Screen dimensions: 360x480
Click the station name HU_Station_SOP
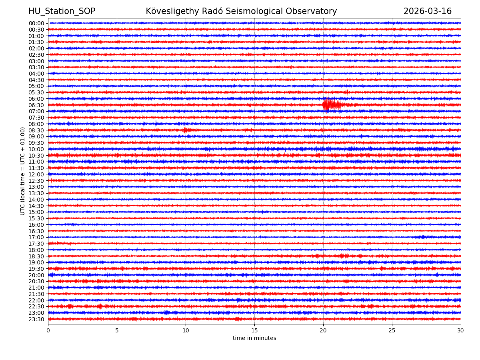(62, 11)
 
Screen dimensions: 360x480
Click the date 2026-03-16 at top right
(427, 11)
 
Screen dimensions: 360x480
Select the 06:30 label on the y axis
(36, 105)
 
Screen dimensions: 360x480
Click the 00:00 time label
(36, 23)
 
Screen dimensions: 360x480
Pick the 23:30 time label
(36, 319)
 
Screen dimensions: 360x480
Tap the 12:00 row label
(36, 174)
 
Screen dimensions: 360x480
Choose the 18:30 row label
(36, 256)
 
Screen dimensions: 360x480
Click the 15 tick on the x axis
(254, 331)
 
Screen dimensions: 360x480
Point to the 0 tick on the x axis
(48, 331)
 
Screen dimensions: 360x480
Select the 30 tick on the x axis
(461, 331)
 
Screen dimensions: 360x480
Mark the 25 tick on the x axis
(392, 331)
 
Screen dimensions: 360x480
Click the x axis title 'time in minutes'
(254, 338)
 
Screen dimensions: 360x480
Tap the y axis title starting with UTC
(23, 171)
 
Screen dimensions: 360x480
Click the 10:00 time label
(36, 149)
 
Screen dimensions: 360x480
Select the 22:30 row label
(36, 307)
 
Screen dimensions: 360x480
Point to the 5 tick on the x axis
(117, 331)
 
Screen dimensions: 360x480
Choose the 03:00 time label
(36, 61)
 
